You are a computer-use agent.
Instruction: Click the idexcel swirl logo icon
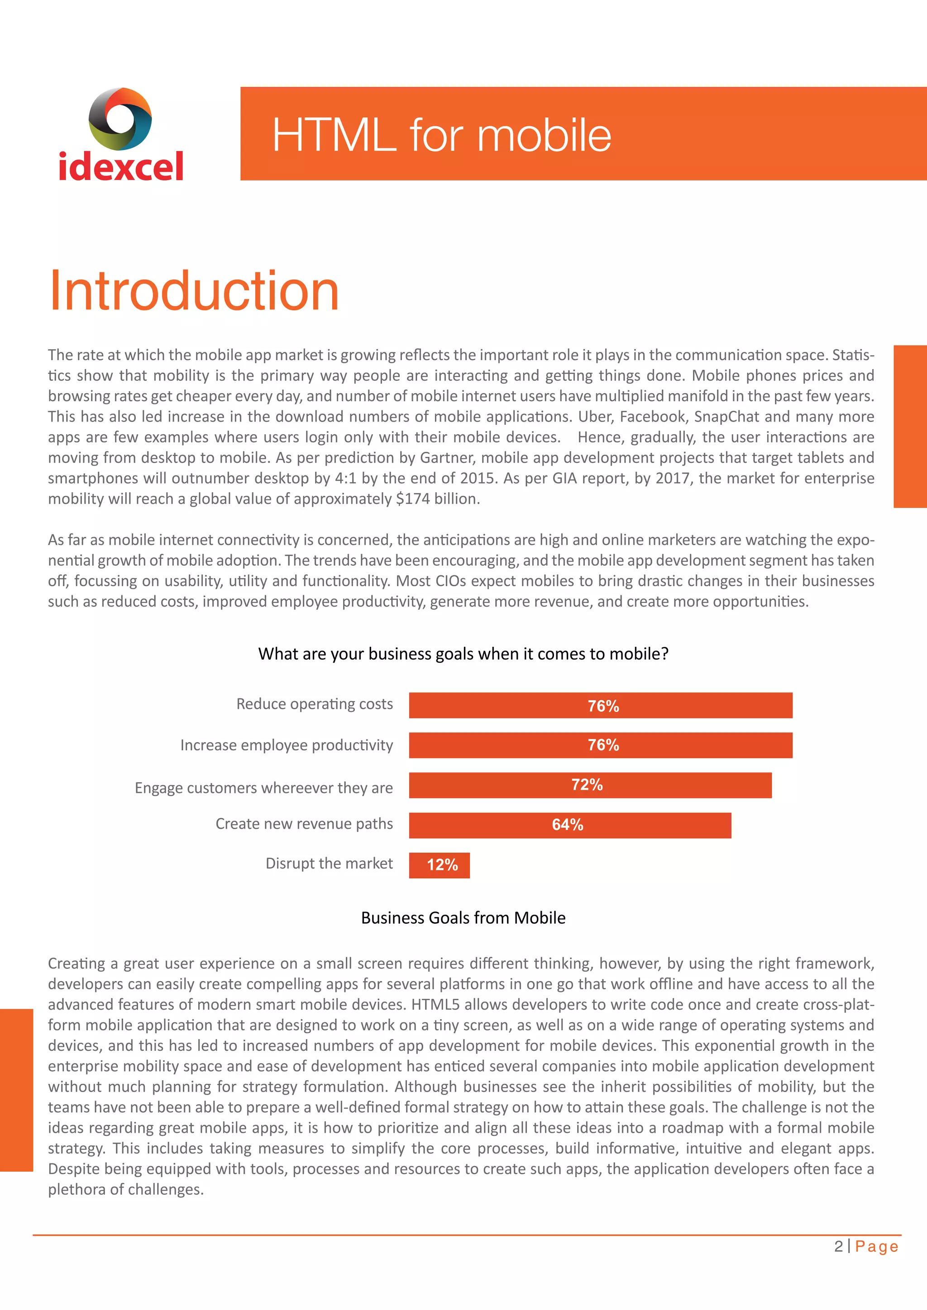coord(120,119)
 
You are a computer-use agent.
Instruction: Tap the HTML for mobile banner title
coord(441,135)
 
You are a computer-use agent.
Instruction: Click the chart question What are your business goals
coord(463,653)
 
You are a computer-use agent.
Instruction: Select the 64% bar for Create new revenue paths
coord(570,825)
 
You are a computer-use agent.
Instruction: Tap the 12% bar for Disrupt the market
coord(439,865)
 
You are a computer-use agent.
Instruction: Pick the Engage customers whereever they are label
coord(264,788)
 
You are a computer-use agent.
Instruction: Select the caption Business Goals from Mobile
coord(463,917)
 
